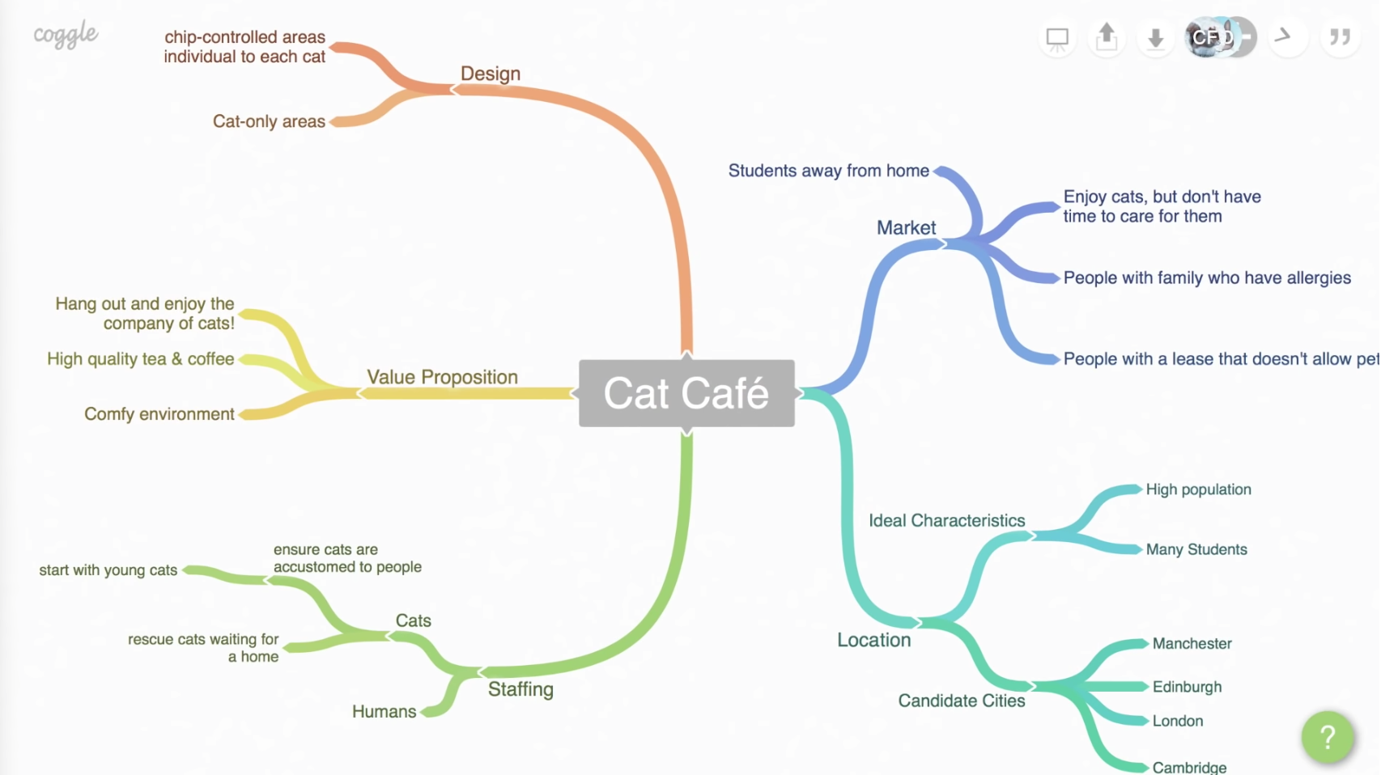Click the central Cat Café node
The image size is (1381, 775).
[x=686, y=393]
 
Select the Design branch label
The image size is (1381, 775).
[x=491, y=74]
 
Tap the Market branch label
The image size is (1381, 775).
[x=906, y=228]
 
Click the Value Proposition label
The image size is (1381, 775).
[x=442, y=377]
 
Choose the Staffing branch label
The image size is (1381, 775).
[x=521, y=689]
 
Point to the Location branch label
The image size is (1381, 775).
[x=873, y=640]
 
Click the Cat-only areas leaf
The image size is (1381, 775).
[x=269, y=121]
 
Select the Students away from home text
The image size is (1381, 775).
[x=828, y=171]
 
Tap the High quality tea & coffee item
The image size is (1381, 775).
[x=141, y=359]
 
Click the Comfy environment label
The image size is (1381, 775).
[x=159, y=414]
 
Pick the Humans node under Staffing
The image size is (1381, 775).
[x=384, y=712]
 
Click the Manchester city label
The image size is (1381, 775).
[x=1192, y=644]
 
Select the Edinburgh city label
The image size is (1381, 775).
[x=1187, y=687]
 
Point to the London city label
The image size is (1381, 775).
[x=1177, y=721]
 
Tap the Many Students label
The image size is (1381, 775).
[x=1196, y=549]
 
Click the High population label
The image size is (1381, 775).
[x=1198, y=489]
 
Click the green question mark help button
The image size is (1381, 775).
[x=1327, y=737]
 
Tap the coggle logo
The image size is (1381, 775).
[x=66, y=35]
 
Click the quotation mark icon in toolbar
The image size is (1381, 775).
[x=1340, y=37]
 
